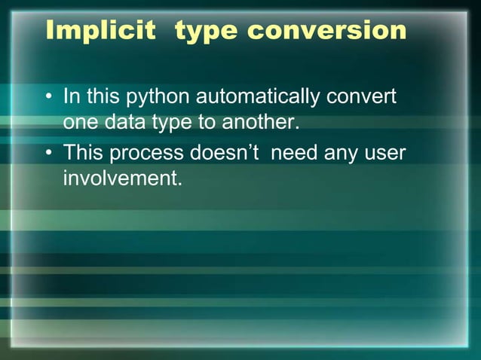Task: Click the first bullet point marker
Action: [x=49, y=98]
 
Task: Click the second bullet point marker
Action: [x=49, y=154]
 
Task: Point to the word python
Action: [x=158, y=99]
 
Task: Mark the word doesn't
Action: [x=225, y=153]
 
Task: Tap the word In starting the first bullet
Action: [x=72, y=97]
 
